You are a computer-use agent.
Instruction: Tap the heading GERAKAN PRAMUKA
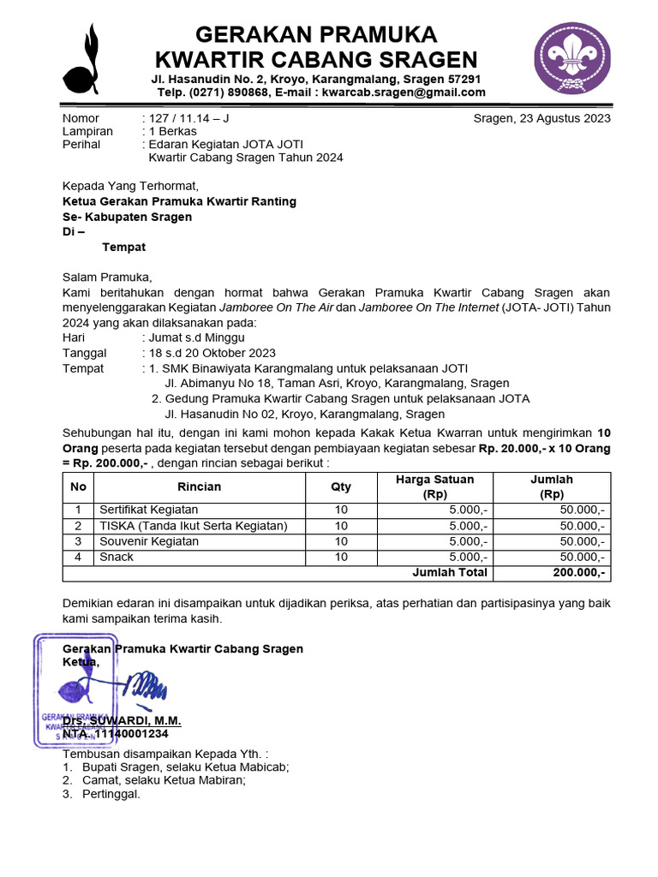point(316,34)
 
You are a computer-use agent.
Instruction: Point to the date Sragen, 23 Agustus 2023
point(541,118)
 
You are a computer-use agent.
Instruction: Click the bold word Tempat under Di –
point(123,248)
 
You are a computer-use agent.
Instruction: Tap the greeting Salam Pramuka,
point(106,277)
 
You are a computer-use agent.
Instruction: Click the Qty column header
point(341,486)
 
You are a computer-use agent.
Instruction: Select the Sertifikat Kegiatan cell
point(149,510)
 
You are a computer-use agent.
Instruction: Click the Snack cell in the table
point(117,557)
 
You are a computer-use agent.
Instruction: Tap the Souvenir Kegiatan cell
point(149,541)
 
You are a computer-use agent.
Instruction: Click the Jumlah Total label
point(450,572)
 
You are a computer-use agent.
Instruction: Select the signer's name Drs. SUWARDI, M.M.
point(122,721)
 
